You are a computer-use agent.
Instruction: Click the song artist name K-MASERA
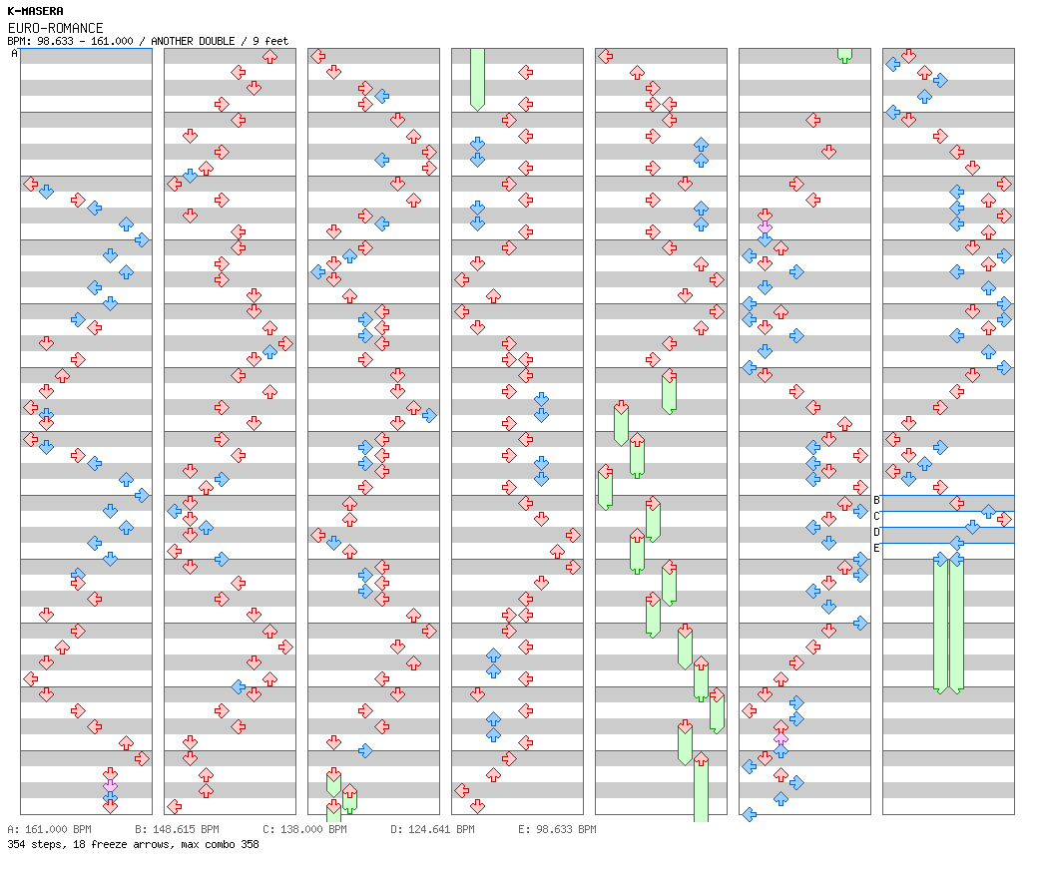(x=35, y=11)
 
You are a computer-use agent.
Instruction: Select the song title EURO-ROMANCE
(x=55, y=28)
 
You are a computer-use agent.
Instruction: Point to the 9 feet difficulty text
(x=269, y=41)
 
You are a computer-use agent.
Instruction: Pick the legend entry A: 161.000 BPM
(x=49, y=829)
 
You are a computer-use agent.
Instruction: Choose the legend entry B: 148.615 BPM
(x=177, y=829)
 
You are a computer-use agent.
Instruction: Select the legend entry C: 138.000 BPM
(x=304, y=829)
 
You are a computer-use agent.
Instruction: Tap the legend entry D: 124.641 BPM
(x=432, y=829)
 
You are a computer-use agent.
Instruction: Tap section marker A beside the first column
(x=15, y=54)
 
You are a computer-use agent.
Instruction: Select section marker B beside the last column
(x=876, y=500)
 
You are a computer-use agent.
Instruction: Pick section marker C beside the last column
(x=876, y=516)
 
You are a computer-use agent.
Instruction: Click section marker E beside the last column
(x=876, y=548)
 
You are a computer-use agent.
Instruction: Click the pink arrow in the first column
(x=110, y=788)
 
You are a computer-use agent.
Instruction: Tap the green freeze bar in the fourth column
(x=477, y=78)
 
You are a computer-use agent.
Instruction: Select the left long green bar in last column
(x=940, y=624)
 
